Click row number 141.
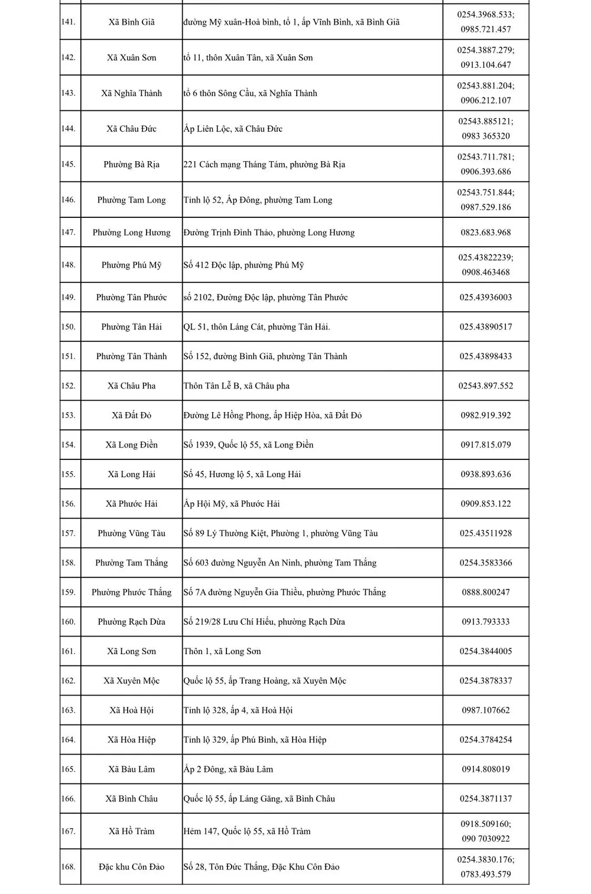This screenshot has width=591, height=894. (x=69, y=22)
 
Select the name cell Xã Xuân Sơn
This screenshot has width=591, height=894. (x=131, y=58)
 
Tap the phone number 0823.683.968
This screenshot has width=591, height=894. (x=486, y=233)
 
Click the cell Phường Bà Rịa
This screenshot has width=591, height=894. (x=131, y=165)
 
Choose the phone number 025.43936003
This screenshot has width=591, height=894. (x=486, y=298)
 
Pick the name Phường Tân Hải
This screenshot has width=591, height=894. (x=131, y=327)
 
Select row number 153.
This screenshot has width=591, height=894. (x=69, y=416)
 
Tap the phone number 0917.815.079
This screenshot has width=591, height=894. (x=486, y=445)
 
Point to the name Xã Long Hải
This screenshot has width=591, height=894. (x=131, y=475)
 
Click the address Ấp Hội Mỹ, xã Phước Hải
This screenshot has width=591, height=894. (x=232, y=504)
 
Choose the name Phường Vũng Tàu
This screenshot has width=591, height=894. (x=131, y=534)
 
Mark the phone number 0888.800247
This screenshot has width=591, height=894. (x=486, y=592)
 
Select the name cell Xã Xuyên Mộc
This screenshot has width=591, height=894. (x=131, y=681)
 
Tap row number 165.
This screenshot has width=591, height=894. (x=69, y=769)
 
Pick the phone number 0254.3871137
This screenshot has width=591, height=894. (x=486, y=799)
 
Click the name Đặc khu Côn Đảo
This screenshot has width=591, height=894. (x=131, y=867)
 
